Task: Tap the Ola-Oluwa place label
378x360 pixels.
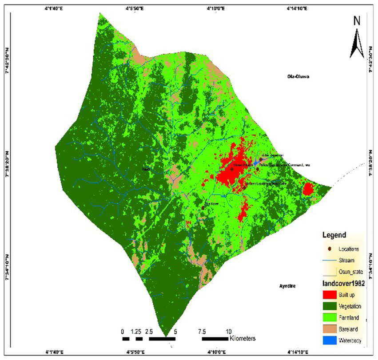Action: (x=295, y=77)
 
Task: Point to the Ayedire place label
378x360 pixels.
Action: (x=288, y=286)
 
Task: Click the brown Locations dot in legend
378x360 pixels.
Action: (x=329, y=249)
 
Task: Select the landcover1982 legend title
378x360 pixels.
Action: (x=343, y=283)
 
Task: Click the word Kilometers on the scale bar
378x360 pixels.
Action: (x=243, y=339)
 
